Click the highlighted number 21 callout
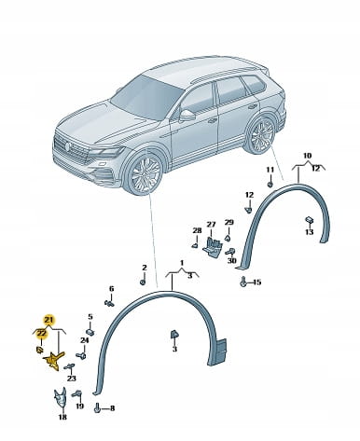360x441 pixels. pos(48,319)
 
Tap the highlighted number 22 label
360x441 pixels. pos(41,334)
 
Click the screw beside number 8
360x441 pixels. pos(97,407)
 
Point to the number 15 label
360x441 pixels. pos(256,283)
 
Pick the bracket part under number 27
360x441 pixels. pos(212,247)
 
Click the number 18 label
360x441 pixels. pos(62,417)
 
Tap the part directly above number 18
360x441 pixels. pos(61,398)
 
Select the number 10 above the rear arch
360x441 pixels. pos(307,156)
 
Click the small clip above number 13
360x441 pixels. pos(309,220)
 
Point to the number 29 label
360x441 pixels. pos(228,223)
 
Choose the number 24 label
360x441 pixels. pos(84,340)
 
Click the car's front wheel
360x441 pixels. pos(145,172)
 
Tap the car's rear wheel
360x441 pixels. pos(261,134)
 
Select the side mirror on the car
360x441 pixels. pos(187,115)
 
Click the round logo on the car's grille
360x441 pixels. pos(66,146)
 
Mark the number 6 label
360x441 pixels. pos(111,289)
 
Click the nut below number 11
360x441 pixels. pos(270,185)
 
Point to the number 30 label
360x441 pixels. pos(232,260)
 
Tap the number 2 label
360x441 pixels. pos(145,268)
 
